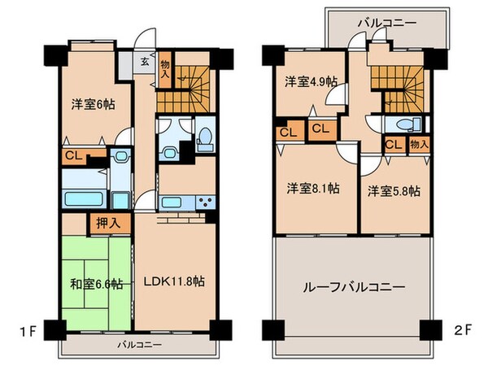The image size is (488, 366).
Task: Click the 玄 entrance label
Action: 143,62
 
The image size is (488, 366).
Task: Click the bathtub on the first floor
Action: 81,198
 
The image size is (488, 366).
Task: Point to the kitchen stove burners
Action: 203,203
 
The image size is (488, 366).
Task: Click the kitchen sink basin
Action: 172,203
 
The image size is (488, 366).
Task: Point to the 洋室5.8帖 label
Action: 394,191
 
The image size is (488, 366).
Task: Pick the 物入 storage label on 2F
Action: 418,145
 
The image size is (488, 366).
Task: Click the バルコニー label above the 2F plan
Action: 386,19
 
